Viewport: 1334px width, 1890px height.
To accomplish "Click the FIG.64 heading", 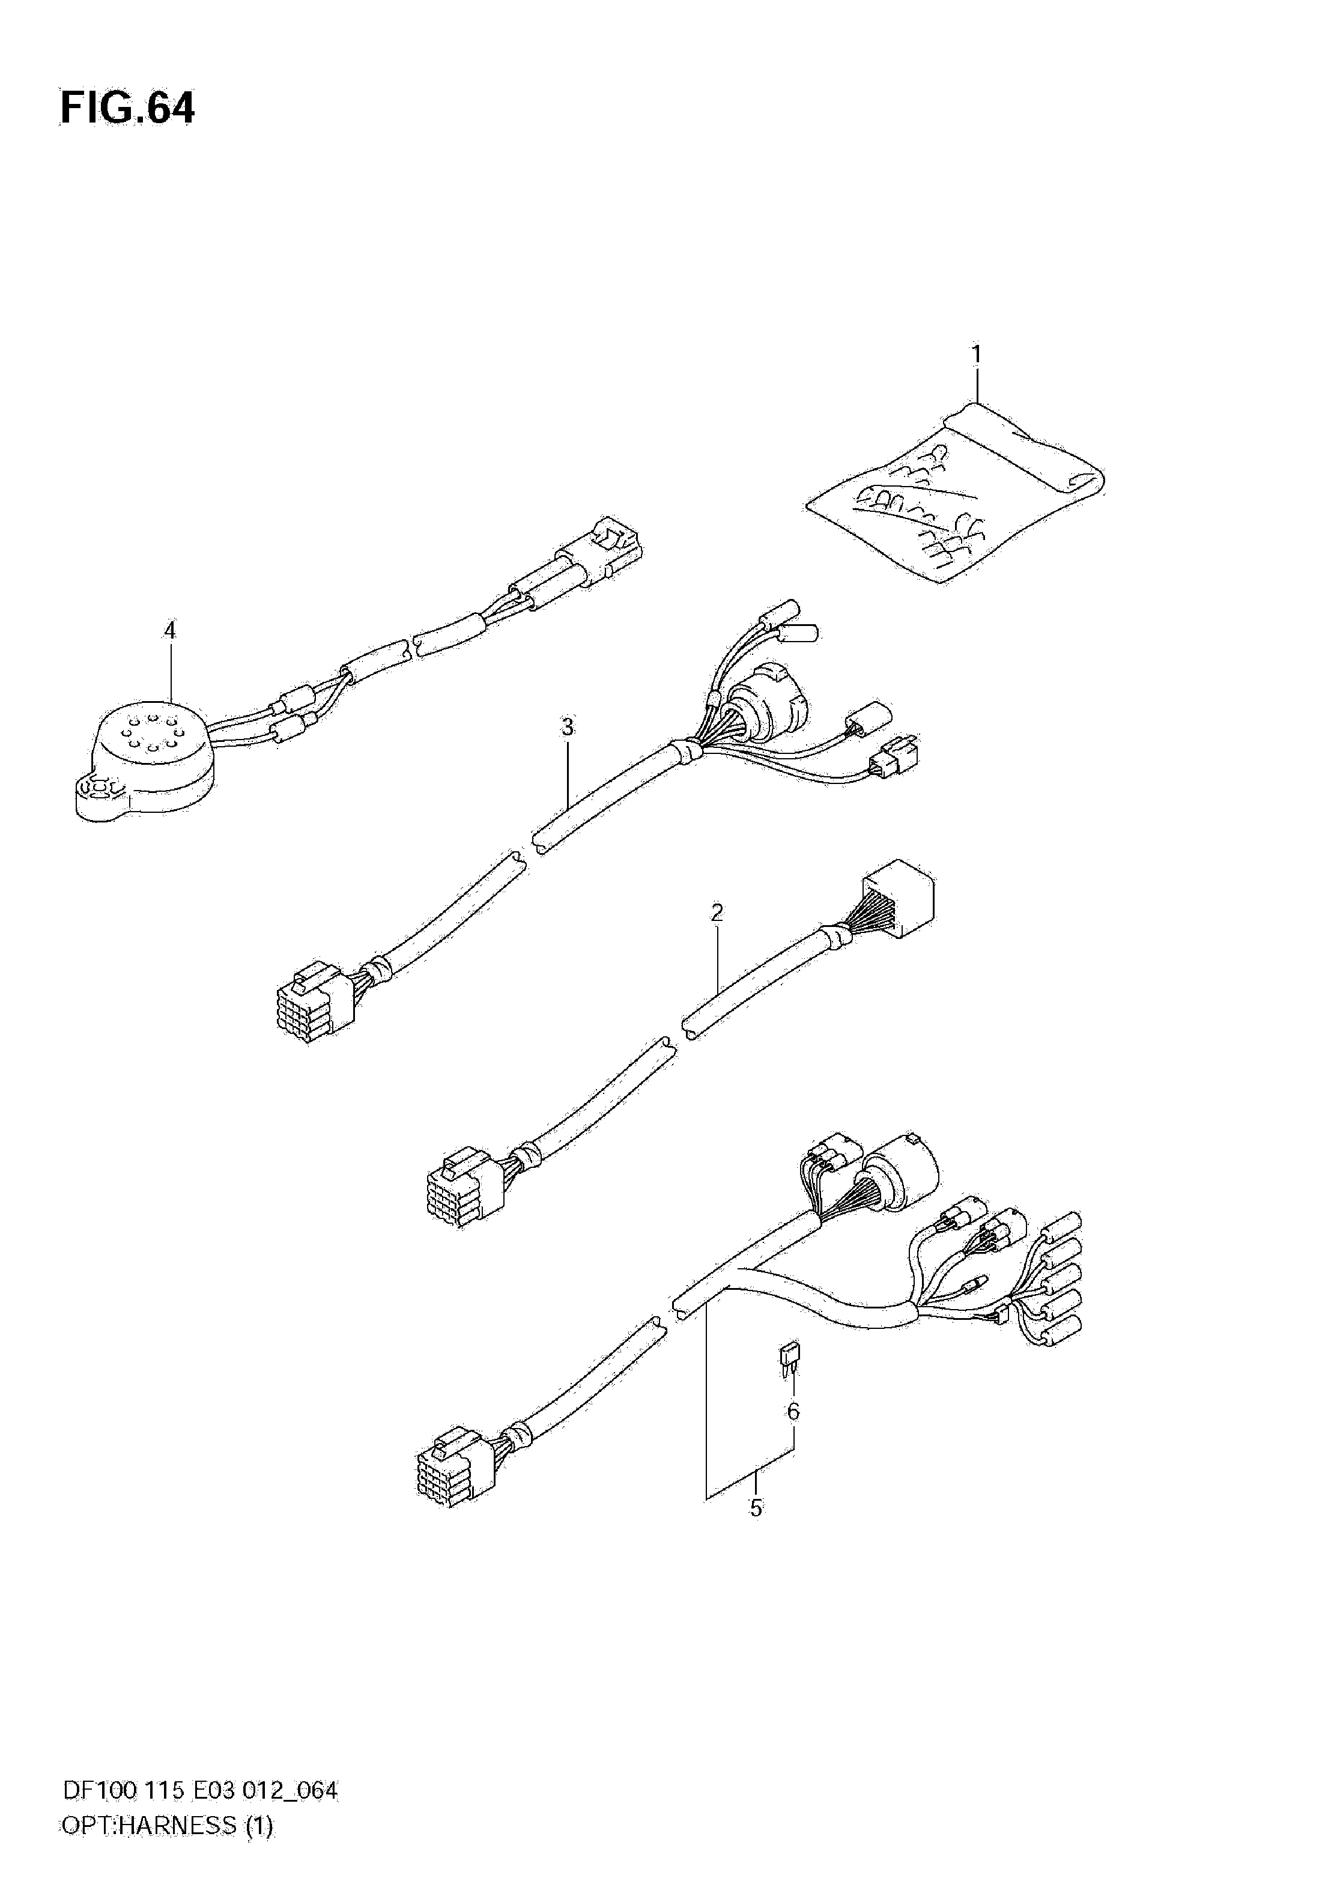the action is pyautogui.click(x=127, y=109).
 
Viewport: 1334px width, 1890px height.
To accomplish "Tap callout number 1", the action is pyautogui.click(x=976, y=355).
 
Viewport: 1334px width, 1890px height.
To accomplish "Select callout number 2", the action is pyautogui.click(x=717, y=913).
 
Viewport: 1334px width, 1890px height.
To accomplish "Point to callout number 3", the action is pyautogui.click(x=568, y=728).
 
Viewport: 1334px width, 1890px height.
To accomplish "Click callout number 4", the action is pyautogui.click(x=169, y=631).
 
